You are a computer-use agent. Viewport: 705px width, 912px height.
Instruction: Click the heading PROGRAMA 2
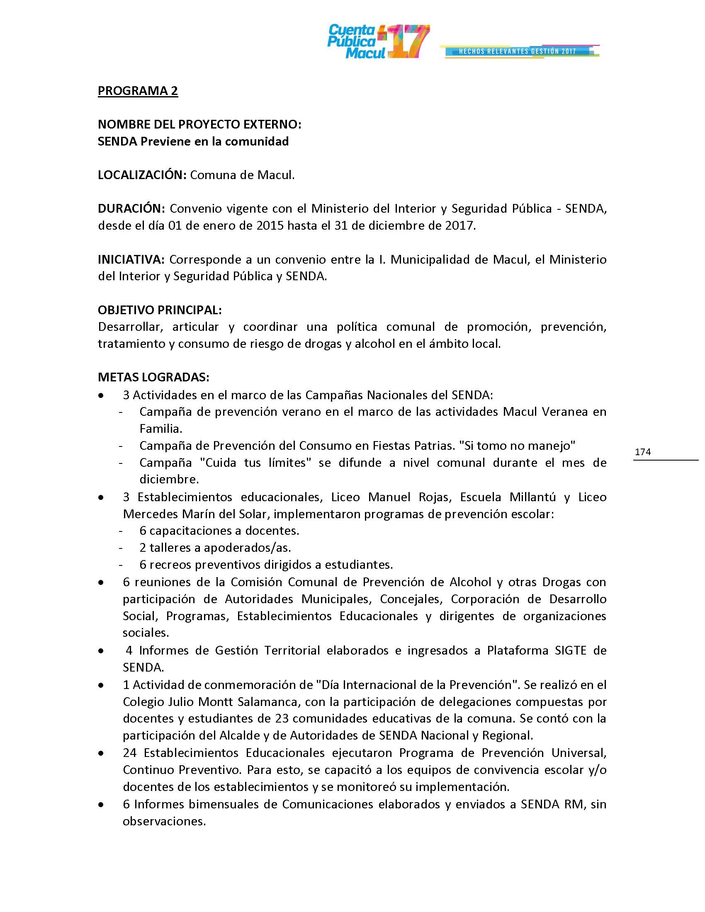(x=138, y=91)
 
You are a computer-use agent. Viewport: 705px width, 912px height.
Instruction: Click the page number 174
(x=643, y=452)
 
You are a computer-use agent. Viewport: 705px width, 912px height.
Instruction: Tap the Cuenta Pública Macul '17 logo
(x=378, y=41)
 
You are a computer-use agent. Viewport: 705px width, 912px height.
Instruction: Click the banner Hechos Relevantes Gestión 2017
(x=518, y=51)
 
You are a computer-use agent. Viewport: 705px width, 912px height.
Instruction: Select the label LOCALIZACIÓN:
(x=142, y=175)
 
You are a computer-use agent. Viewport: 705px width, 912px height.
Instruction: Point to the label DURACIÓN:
(x=131, y=209)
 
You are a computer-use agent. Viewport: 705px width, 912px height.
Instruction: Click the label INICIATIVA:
(x=131, y=260)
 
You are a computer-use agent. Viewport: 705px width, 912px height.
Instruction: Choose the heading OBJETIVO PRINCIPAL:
(x=160, y=310)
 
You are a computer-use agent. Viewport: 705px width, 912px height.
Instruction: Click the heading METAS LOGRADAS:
(x=153, y=377)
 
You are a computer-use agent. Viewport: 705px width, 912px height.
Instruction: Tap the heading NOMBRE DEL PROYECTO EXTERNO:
(x=199, y=124)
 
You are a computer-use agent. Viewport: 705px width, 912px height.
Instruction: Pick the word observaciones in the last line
(x=164, y=821)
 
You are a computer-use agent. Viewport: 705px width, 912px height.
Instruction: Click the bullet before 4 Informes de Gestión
(x=101, y=650)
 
